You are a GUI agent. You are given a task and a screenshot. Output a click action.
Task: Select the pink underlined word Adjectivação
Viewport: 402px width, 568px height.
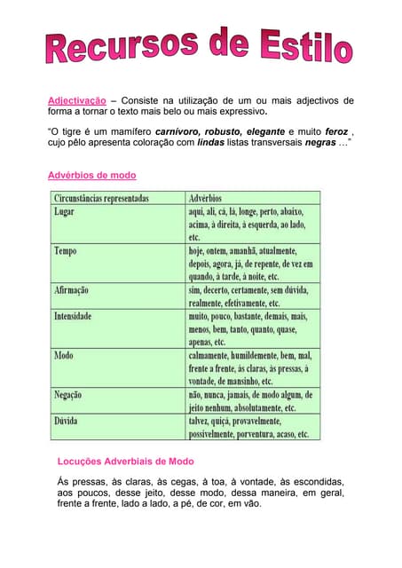pyautogui.click(x=76, y=100)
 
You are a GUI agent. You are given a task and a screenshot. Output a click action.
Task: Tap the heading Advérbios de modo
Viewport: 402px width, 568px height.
pyautogui.click(x=91, y=175)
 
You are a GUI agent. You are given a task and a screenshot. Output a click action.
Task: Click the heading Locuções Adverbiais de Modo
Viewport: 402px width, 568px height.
pyautogui.click(x=125, y=461)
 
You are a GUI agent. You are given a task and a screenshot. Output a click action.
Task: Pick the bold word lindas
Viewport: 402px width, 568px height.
pyautogui.click(x=211, y=141)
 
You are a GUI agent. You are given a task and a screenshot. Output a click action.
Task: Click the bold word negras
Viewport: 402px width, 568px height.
pyautogui.click(x=320, y=141)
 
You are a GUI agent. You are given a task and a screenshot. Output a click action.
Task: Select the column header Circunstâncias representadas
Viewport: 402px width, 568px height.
pyautogui.click(x=101, y=198)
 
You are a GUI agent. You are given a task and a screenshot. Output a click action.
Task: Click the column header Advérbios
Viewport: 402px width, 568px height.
pyautogui.click(x=206, y=198)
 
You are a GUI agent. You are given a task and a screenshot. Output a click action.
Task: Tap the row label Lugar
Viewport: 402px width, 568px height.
pyautogui.click(x=64, y=213)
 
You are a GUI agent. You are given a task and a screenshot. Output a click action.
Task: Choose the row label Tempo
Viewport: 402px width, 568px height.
pyautogui.click(x=66, y=251)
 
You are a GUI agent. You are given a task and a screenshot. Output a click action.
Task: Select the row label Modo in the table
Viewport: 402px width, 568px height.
pyautogui.click(x=64, y=355)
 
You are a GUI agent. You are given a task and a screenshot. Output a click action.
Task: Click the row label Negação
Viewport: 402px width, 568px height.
pyautogui.click(x=70, y=394)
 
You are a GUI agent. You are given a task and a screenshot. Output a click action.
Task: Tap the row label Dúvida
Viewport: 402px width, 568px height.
pyautogui.click(x=67, y=421)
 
